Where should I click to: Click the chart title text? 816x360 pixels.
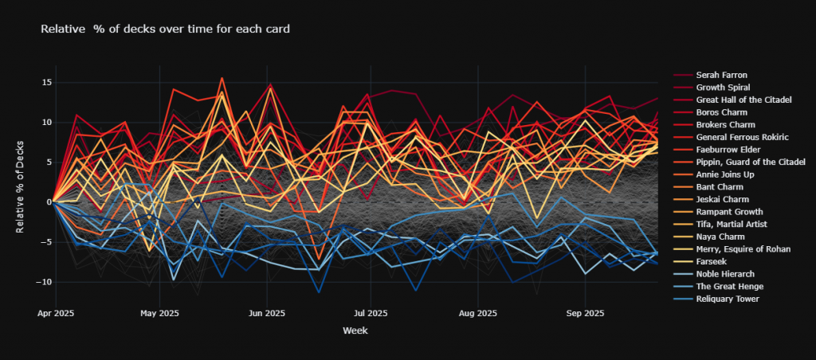tap(165, 29)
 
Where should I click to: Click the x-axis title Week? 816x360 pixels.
tap(355, 330)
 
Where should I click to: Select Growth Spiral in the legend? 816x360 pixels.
tap(723, 88)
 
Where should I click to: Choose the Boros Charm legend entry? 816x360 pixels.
tap(721, 112)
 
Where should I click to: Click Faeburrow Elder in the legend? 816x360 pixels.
tap(728, 150)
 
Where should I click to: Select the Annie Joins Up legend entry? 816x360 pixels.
tap(724, 174)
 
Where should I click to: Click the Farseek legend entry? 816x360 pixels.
tap(712, 261)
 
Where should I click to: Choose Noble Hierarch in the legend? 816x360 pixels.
tap(724, 274)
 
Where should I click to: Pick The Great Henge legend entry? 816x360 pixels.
tap(729, 286)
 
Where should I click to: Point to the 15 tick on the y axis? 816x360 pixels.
tap(47, 83)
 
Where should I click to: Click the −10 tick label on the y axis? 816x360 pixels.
tap(45, 282)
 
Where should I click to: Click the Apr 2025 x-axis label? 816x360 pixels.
tap(53, 314)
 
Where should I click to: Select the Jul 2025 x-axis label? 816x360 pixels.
tap(371, 314)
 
